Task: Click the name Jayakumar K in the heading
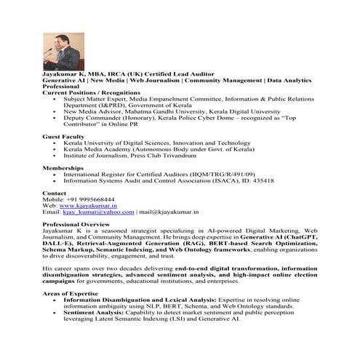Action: pos(65,74)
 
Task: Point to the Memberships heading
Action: pos(63,167)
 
